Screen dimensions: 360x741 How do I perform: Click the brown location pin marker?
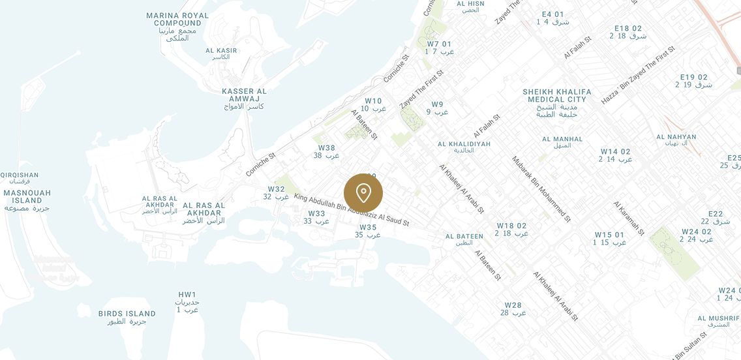coord(363,193)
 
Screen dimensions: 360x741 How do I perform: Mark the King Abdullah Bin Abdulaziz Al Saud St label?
coord(352,209)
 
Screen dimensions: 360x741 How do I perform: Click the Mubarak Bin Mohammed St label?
coord(541,188)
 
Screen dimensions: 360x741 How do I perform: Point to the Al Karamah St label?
coord(628,218)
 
